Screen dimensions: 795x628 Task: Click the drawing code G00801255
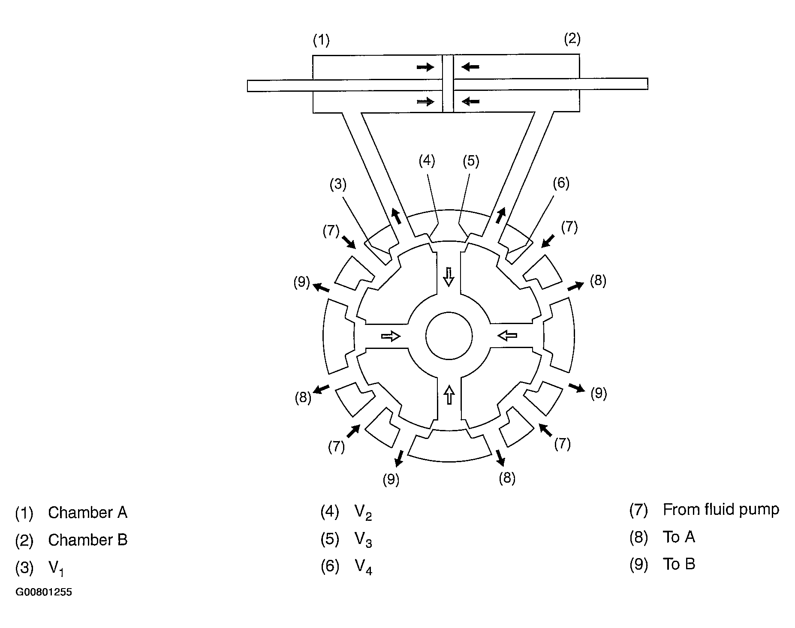point(44,592)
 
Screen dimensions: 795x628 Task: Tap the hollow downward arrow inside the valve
point(449,276)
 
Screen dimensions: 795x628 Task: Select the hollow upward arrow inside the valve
point(449,395)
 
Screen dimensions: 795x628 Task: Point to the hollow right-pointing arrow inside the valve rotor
point(391,336)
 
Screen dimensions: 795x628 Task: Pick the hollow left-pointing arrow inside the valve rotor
point(508,335)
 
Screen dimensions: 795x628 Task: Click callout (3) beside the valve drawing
point(338,184)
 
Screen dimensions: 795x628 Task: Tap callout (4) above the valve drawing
point(427,161)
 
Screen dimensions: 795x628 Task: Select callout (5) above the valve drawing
point(471,162)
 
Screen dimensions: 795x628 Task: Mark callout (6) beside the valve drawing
point(561,183)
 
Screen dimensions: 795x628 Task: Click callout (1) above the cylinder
point(321,40)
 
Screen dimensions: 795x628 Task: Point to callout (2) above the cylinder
point(572,39)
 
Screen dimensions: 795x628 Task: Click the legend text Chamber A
point(88,513)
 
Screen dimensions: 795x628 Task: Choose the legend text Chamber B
point(88,540)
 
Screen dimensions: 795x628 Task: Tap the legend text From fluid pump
point(721,510)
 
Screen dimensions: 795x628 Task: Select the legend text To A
point(679,537)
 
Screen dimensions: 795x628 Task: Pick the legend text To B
point(679,564)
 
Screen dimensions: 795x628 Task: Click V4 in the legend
point(364,568)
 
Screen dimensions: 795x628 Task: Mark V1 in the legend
point(56,569)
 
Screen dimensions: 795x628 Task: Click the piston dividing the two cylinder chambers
point(448,83)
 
